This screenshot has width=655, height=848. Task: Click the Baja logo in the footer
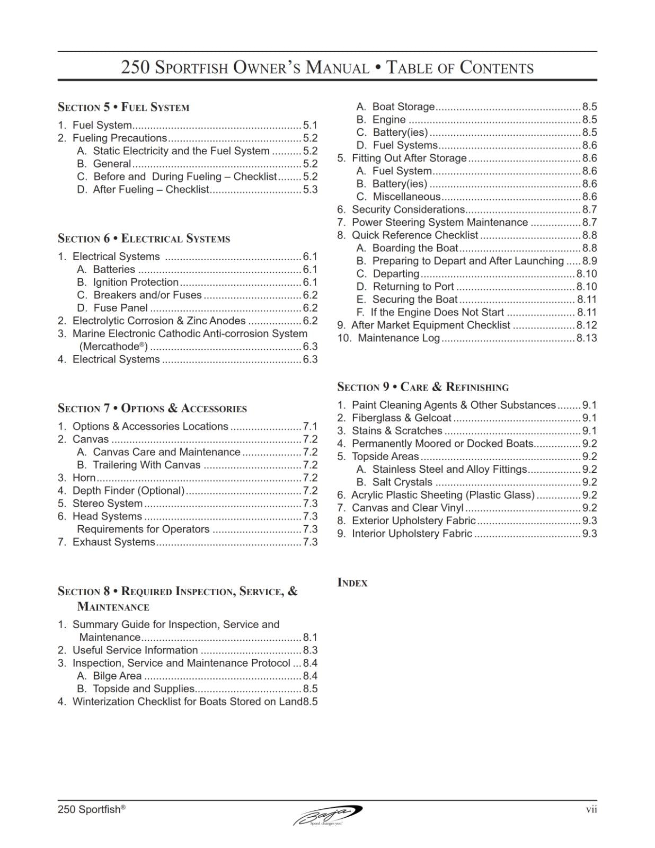(327, 815)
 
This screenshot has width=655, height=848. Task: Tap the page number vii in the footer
(591, 809)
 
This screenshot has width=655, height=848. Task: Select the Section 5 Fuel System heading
(123, 107)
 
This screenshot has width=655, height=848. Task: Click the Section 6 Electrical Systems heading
(144, 238)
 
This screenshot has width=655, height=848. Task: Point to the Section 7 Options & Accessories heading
(152, 408)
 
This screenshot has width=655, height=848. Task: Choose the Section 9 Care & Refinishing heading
(422, 387)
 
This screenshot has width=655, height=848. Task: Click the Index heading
(352, 582)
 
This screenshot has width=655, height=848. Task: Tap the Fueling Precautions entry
(120, 138)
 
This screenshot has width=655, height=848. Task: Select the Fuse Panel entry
(120, 308)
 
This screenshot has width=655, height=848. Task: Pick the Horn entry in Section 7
(84, 478)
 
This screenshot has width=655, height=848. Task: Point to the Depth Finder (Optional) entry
(128, 491)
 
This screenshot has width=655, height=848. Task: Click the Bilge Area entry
(117, 676)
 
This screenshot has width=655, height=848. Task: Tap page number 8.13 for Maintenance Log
(586, 338)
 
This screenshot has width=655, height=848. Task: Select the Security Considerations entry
(408, 209)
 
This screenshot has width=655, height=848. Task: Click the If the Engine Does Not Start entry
(437, 312)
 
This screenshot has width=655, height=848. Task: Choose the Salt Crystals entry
(402, 482)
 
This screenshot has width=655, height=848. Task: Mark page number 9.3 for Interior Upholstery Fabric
(589, 534)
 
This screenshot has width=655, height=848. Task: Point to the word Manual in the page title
(338, 68)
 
